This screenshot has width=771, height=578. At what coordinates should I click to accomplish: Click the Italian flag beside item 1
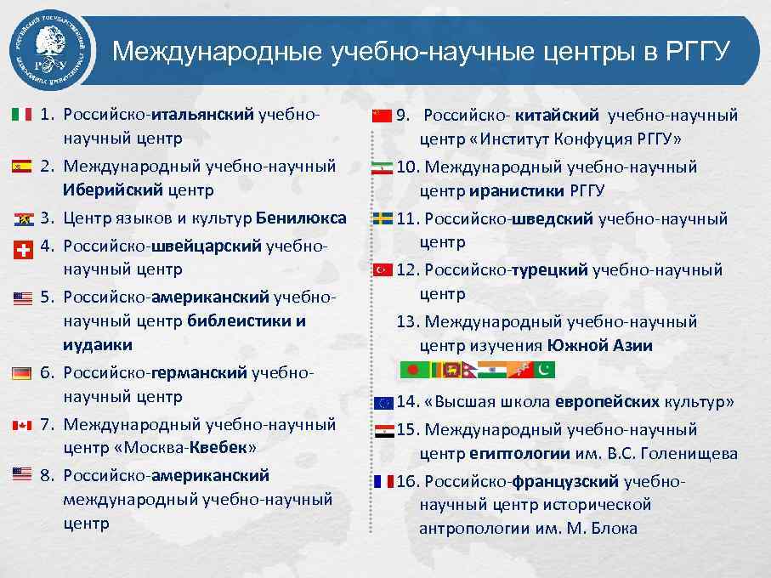[22, 114]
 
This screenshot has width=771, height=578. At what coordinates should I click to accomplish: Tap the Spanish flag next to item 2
[22, 167]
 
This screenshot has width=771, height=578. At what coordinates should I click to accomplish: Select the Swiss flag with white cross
[22, 249]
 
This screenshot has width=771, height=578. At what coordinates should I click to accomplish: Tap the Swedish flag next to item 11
[382, 219]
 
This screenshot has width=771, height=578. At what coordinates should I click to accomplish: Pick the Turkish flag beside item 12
[382, 270]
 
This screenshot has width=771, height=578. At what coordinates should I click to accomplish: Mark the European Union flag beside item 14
[383, 402]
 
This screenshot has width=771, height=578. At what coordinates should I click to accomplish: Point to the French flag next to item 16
[383, 481]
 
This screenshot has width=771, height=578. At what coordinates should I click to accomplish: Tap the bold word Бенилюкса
[301, 218]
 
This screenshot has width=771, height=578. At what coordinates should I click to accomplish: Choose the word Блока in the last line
[611, 528]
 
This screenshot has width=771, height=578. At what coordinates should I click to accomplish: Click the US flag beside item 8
[22, 473]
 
